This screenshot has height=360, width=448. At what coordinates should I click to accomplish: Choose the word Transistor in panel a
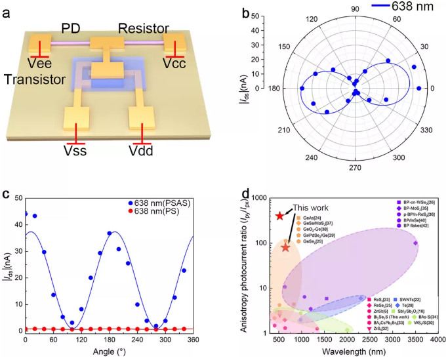(35, 79)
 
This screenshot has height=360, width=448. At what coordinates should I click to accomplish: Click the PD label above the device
(71, 28)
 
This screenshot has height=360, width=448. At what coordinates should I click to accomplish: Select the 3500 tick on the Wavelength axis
(416, 341)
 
